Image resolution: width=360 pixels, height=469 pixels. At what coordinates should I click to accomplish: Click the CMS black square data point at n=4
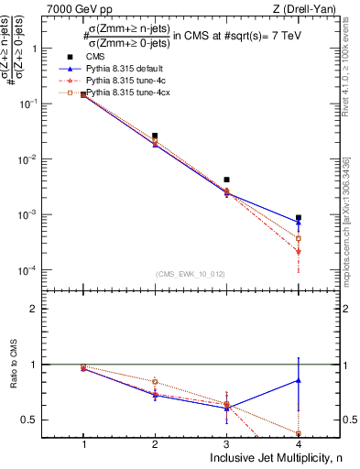[x=299, y=218]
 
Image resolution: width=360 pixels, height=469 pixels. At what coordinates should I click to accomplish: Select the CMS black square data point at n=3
[x=227, y=180]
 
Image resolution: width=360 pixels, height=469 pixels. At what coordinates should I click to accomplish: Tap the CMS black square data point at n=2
[x=155, y=136]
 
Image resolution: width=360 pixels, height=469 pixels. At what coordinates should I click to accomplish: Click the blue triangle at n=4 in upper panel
[x=299, y=223]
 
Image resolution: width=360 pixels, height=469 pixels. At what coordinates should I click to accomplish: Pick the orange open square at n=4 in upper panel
[x=299, y=238]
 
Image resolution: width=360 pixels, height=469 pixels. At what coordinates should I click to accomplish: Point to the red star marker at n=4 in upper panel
[x=299, y=251]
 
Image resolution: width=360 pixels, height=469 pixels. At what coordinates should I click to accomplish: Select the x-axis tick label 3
[x=227, y=444]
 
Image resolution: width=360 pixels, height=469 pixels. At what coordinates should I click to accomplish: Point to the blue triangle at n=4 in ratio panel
[x=299, y=379]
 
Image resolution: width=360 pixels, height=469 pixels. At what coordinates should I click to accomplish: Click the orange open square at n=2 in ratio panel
[x=155, y=381]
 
